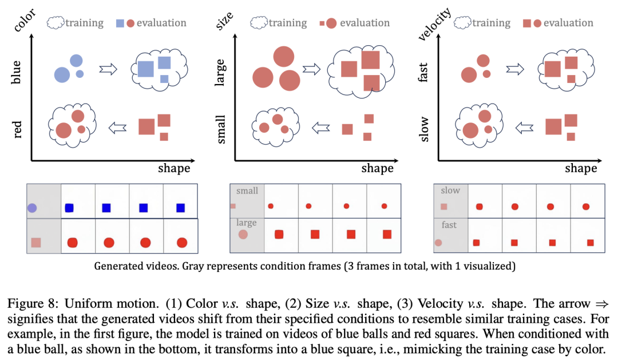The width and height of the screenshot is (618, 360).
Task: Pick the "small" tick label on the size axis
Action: click(221, 129)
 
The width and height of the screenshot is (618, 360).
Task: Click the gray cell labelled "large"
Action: click(247, 235)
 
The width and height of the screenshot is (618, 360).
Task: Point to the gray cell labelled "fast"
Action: click(450, 235)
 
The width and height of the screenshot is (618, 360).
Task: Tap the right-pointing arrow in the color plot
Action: click(108, 70)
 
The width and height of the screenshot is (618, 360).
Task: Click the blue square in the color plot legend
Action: click(120, 23)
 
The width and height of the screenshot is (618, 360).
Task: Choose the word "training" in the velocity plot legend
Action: click(491, 23)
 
